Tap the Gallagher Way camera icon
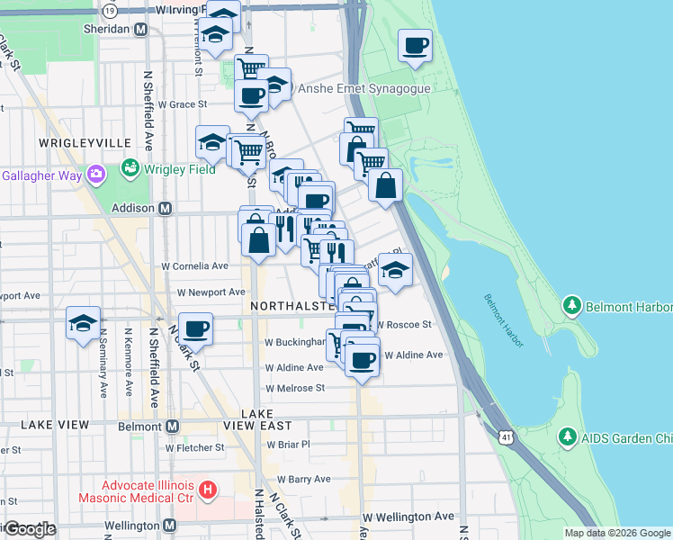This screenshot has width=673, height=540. [x=96, y=174]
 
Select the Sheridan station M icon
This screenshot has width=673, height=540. [x=140, y=29]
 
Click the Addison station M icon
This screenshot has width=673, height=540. [x=166, y=208]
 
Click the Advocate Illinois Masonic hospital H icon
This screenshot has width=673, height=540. [x=209, y=490]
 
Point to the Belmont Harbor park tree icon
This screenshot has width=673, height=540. [x=570, y=306]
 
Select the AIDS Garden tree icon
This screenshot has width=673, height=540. [x=567, y=437]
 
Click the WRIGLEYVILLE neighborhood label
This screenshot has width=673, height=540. [x=74, y=143]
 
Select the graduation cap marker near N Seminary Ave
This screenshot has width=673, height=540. [x=84, y=323]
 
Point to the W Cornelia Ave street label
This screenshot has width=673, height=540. [x=194, y=266]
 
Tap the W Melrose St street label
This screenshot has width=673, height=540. [x=294, y=388]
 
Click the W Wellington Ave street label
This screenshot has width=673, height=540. [x=408, y=517]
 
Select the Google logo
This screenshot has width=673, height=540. [x=29, y=529]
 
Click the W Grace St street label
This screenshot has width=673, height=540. [x=183, y=104]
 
